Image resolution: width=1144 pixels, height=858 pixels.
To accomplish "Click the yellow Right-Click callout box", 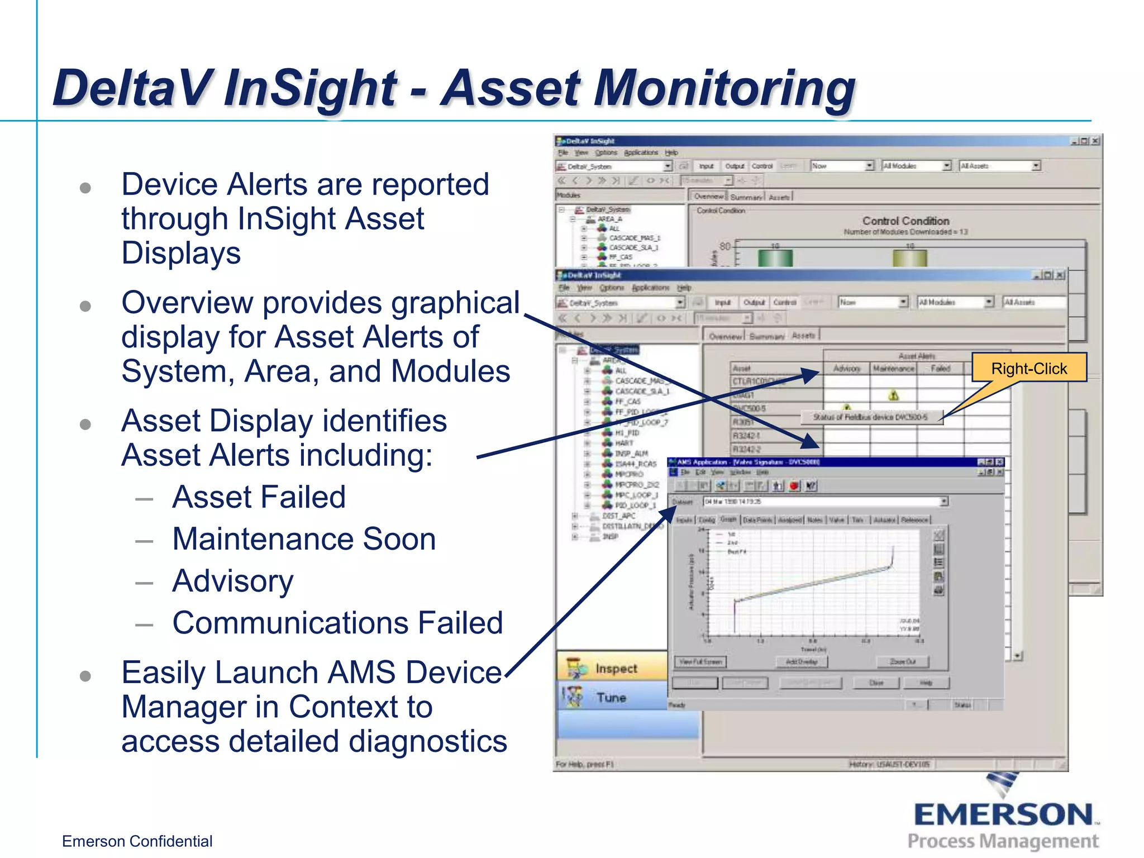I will (x=1028, y=368).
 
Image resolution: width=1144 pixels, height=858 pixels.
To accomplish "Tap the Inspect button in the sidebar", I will (x=615, y=668).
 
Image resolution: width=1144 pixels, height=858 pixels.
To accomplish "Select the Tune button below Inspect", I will (x=611, y=697).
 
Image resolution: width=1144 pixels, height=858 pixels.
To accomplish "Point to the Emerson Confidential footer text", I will (x=137, y=841).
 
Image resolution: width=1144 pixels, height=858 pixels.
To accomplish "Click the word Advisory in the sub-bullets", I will (x=232, y=581).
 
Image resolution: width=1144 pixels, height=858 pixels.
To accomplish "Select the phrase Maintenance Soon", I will (x=304, y=539).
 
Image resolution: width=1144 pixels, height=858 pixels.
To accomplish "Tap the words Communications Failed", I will (x=337, y=623).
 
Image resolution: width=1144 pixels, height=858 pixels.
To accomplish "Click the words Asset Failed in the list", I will (x=259, y=497).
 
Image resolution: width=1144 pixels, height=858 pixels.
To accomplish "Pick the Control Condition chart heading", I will (x=905, y=221).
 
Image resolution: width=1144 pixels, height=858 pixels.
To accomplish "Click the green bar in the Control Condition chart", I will (x=775, y=258).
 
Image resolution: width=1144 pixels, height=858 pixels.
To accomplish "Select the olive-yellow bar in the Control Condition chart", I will (x=909, y=258).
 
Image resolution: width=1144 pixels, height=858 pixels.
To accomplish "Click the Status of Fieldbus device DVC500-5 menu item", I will (x=870, y=417).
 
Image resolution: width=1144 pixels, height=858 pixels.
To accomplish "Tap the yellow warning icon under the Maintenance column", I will (x=893, y=395).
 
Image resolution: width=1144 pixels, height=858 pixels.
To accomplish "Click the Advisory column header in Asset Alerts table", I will (x=846, y=369).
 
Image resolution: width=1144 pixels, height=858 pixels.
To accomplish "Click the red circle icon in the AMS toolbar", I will (x=794, y=485).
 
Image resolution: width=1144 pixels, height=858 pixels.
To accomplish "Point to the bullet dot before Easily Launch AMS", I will (x=85, y=676).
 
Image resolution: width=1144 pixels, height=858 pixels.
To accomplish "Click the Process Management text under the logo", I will (x=1003, y=841).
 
